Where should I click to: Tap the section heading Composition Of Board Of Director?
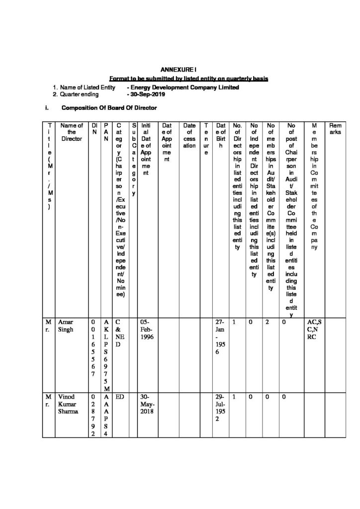pyautogui.click(x=109, y=107)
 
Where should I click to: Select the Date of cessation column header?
pyautogui.click(x=189, y=133)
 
